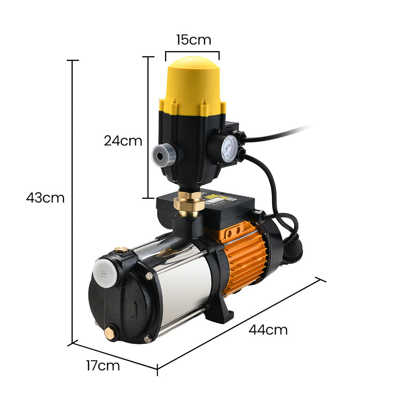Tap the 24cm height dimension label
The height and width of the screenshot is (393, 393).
[x=123, y=140]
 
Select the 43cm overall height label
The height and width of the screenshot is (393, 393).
[x=45, y=198]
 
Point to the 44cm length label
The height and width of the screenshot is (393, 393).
[x=268, y=329]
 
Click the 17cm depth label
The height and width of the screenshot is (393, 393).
[x=103, y=365]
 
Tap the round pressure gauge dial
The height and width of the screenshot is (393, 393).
[x=229, y=149]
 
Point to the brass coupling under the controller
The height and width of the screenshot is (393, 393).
[x=189, y=204]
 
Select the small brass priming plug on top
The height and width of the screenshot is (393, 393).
[x=121, y=250]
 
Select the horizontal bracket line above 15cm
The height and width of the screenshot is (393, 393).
[x=192, y=51]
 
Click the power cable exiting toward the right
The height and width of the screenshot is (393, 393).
[x=283, y=134]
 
